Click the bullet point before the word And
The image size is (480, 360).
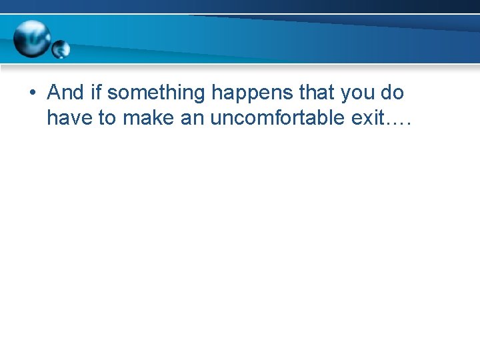coord(33,94)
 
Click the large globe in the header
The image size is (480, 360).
coord(31,38)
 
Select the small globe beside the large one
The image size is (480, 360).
coord(61,49)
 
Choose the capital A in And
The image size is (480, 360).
coord(54,93)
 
